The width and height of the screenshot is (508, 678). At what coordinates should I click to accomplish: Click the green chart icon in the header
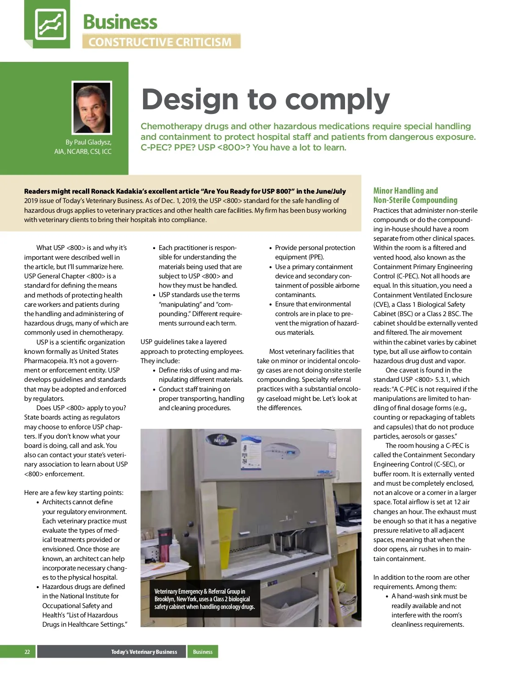50,24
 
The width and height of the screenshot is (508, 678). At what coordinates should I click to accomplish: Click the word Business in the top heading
120,22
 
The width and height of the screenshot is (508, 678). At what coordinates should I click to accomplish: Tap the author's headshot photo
92,108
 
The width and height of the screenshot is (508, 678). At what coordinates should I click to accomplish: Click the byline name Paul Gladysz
93,142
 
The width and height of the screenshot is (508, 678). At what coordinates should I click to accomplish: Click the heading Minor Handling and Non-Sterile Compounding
415,195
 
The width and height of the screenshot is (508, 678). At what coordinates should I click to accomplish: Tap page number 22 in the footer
27,652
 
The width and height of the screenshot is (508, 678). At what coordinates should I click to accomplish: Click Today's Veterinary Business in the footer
144,652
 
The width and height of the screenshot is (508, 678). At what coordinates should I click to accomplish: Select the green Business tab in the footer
203,652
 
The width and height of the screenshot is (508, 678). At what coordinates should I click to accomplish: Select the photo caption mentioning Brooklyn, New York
204,599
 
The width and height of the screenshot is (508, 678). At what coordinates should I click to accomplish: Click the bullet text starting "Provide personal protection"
315,253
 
